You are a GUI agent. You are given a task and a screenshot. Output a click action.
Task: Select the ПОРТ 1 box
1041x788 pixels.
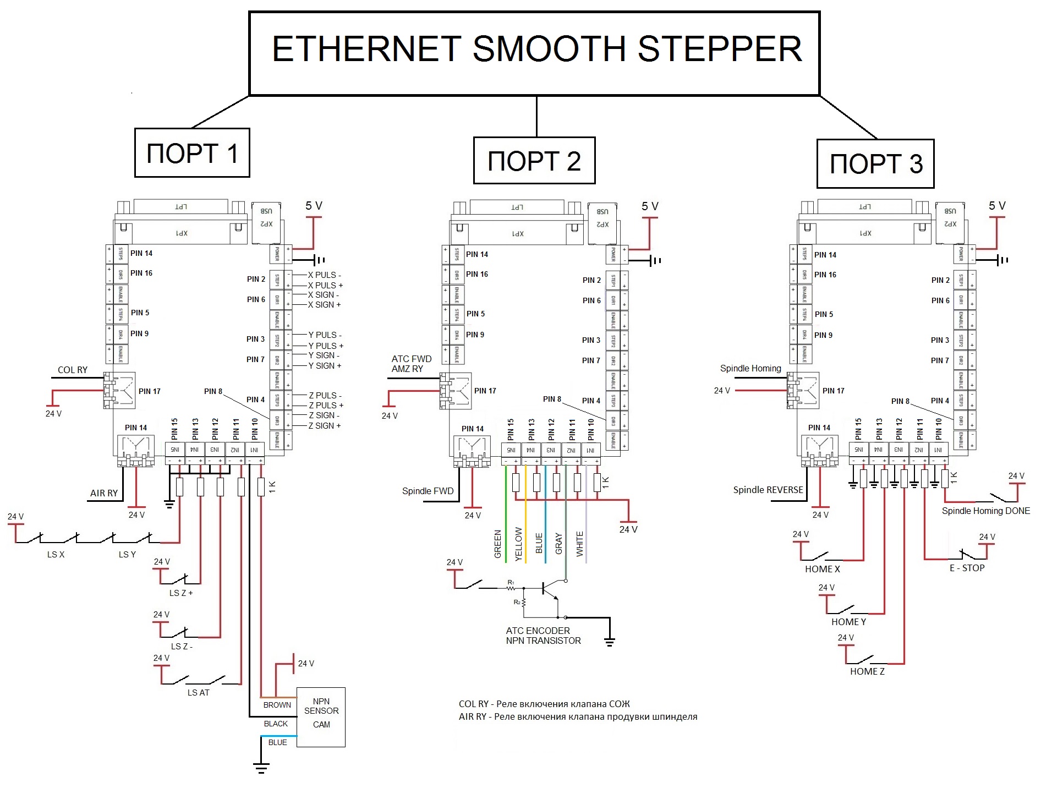tap(192, 153)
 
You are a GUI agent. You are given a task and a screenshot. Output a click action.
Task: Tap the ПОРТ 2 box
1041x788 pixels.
tap(534, 161)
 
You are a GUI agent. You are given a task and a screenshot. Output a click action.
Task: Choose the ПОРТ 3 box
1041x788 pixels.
tap(875, 163)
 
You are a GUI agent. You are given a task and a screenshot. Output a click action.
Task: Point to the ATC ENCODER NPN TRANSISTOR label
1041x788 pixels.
tap(543, 636)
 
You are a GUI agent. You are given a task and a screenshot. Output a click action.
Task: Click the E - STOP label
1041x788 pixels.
tap(967, 568)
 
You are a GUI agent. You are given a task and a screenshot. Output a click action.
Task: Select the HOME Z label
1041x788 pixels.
tap(867, 671)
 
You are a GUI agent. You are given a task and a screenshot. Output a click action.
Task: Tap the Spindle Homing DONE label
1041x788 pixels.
tap(985, 511)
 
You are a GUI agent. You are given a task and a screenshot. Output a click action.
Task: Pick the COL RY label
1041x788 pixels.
tap(73, 370)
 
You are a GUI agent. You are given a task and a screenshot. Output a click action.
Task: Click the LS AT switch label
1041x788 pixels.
tap(198, 693)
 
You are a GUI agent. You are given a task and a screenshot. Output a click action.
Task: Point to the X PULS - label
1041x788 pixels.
tap(324, 275)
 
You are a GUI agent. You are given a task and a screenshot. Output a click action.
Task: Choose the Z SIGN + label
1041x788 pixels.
tap(324, 426)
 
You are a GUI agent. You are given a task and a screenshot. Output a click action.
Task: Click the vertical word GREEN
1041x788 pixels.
tap(498, 544)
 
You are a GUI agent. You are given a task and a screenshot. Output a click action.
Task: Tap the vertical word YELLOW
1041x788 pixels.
tap(518, 544)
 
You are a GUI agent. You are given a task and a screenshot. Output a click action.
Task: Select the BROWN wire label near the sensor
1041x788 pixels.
tap(277, 705)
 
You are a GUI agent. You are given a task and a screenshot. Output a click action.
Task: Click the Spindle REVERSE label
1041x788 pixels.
tap(768, 490)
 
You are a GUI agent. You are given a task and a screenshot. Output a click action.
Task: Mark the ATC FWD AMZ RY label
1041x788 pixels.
tap(411, 364)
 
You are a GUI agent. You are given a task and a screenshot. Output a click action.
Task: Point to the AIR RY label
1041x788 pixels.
tap(104, 493)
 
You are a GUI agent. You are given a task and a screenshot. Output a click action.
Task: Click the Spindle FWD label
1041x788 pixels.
tap(428, 491)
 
